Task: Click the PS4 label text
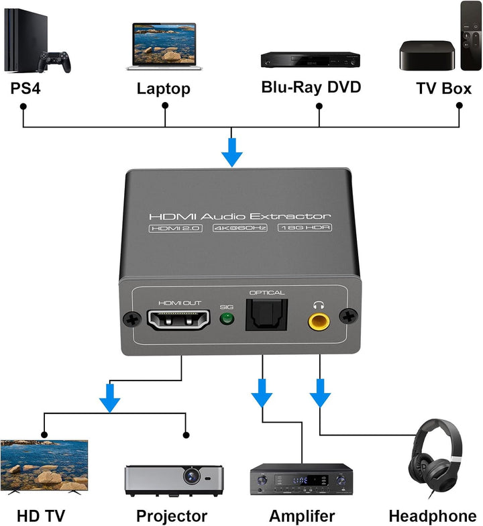pyautogui.click(x=25, y=88)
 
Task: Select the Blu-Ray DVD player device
pyautogui.click(x=310, y=60)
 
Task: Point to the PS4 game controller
pyautogui.click(x=54, y=62)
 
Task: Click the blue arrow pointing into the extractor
pyautogui.click(x=232, y=152)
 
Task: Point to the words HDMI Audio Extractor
pyautogui.click(x=239, y=216)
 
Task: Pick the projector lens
pyautogui.click(x=193, y=476)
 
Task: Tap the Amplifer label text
pyautogui.click(x=302, y=515)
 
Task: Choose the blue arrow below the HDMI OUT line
pyautogui.click(x=109, y=398)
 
